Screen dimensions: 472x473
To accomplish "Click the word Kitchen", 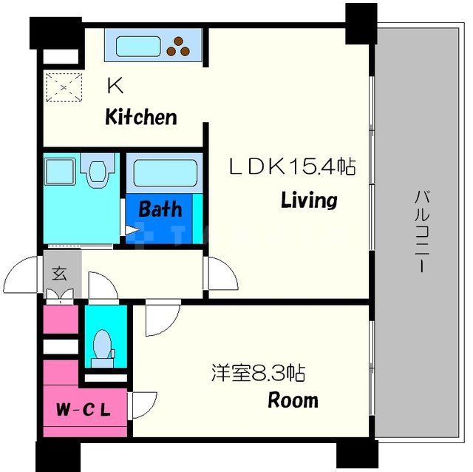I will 140,117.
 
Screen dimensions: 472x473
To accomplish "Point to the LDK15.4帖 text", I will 291,167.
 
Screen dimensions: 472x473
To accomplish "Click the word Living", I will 308,200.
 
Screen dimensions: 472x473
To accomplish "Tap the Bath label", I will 160,209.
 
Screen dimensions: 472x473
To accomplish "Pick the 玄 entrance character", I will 58,273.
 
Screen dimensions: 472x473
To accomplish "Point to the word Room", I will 293,401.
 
